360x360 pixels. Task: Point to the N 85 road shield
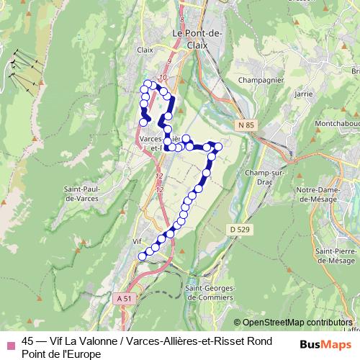coord(246,125)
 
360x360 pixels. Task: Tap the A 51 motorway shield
coord(123,297)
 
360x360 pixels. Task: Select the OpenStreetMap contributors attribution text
coord(296,323)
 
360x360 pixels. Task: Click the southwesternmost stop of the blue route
coord(142,256)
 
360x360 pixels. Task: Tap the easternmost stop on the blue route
coord(218,147)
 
